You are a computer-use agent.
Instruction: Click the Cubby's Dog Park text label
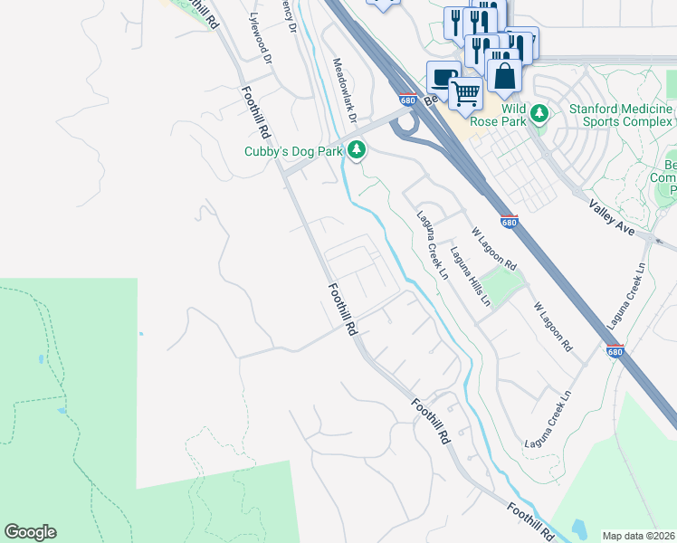pyautogui.click(x=294, y=151)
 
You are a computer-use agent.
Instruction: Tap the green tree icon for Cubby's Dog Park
pyautogui.click(x=358, y=149)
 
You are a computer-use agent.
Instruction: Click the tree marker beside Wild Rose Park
pyautogui.click(x=540, y=114)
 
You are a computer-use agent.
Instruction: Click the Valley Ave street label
pyautogui.click(x=613, y=217)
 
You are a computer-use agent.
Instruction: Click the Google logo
pyautogui.click(x=30, y=532)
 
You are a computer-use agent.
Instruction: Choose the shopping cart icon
pyautogui.click(x=465, y=92)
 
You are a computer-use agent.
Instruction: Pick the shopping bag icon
pyautogui.click(x=504, y=76)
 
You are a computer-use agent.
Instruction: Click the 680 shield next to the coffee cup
pyautogui.click(x=407, y=100)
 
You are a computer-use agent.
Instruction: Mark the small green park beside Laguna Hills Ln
pyautogui.click(x=503, y=287)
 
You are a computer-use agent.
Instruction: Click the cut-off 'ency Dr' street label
pyautogui.click(x=290, y=16)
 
